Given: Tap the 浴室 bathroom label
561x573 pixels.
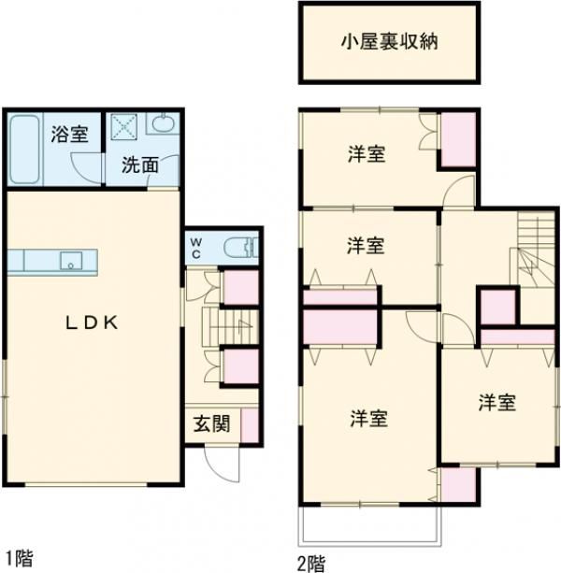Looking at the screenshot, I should pyautogui.click(x=70, y=134).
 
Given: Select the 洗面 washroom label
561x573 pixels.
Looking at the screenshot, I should pyautogui.click(x=140, y=166).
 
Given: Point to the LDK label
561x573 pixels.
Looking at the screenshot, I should pyautogui.click(x=90, y=323).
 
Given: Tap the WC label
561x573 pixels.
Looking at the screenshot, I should pyautogui.click(x=196, y=247).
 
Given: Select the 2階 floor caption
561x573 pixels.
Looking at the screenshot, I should pyautogui.click(x=312, y=563).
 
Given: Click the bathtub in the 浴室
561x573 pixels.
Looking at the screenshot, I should pyautogui.click(x=22, y=150).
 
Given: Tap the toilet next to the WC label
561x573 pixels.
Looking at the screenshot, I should pyautogui.click(x=243, y=248).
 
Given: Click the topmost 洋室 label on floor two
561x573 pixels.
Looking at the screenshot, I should pyautogui.click(x=366, y=154).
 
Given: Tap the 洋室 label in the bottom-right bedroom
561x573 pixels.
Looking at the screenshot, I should pyautogui.click(x=496, y=403).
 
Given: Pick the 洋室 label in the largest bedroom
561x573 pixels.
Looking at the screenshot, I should pyautogui.click(x=369, y=418).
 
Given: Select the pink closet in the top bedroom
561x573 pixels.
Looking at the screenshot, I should pyautogui.click(x=458, y=139).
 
